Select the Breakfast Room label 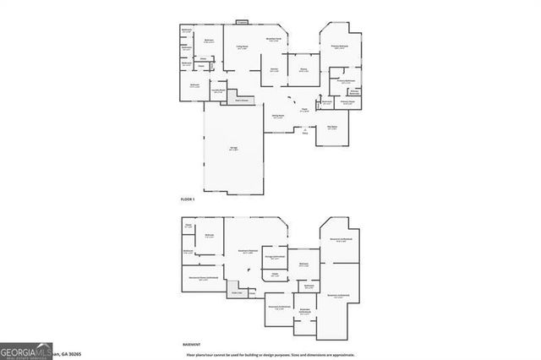tap(273, 39)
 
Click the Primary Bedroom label tap(342, 47)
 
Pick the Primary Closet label tap(347, 102)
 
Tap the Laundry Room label tap(217, 90)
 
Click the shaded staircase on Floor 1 tap(243, 101)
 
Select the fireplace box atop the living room tap(243, 22)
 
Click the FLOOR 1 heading tap(188, 199)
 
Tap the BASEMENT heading tap(191, 345)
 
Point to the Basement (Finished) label tap(248, 252)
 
